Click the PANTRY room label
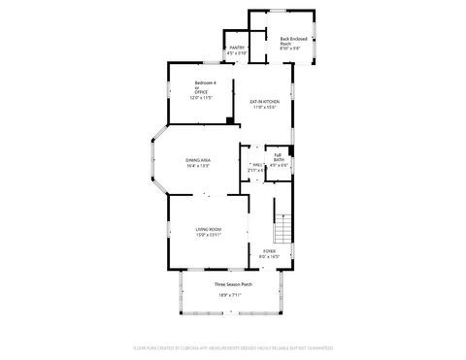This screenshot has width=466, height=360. point(237,47)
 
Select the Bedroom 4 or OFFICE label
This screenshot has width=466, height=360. point(201,87)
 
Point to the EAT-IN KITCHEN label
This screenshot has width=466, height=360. point(265,102)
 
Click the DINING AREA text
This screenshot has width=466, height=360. point(199,159)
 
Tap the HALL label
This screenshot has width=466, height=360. point(257,165)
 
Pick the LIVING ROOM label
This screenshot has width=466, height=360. point(209,228)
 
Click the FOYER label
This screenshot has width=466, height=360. point(269,250)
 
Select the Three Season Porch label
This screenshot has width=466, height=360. point(233,284)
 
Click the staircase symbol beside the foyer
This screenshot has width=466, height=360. point(282,229)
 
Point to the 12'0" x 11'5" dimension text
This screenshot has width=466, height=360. point(201,98)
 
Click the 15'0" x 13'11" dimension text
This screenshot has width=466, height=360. point(209,234)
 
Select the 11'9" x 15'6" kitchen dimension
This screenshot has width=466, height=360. point(265,108)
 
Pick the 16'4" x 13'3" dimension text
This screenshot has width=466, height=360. point(199,166)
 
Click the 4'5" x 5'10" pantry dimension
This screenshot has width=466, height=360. point(237,52)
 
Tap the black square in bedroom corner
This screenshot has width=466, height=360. point(228,120)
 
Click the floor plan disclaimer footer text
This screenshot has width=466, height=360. point(233,346)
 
